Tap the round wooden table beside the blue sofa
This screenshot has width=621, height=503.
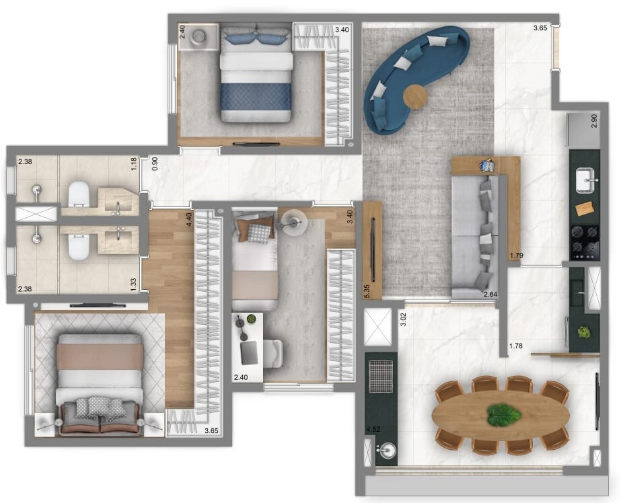(415, 98)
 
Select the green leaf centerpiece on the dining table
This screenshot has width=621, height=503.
(504, 415)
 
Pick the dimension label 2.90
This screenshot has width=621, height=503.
(594, 121)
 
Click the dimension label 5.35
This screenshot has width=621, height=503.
(367, 290)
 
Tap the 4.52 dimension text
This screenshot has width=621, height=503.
(372, 428)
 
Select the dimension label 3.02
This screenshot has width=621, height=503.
(404, 318)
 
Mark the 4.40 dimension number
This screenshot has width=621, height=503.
(189, 220)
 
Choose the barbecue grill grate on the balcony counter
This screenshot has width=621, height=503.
(381, 377)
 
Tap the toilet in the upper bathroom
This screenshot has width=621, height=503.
(79, 195)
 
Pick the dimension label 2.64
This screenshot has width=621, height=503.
(489, 294)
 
